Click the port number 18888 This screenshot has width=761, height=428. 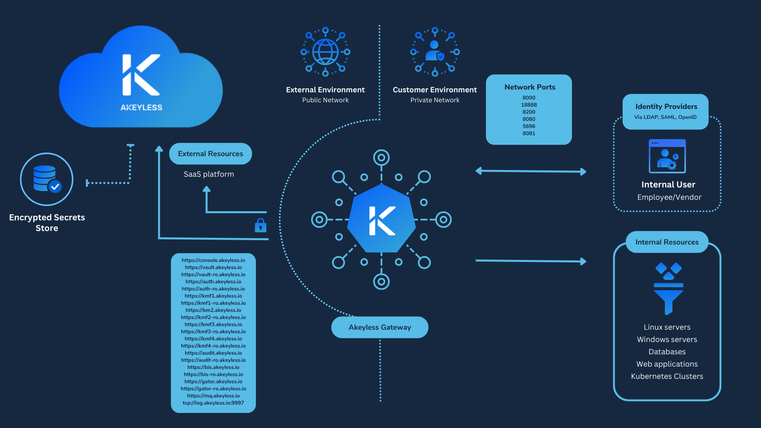click(x=529, y=105)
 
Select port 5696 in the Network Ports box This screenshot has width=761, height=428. click(x=529, y=126)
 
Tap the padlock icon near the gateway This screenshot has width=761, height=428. click(x=260, y=225)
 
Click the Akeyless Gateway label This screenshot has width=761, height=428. click(x=380, y=327)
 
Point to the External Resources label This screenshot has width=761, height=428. click(x=210, y=154)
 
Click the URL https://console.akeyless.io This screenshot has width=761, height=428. click(x=213, y=260)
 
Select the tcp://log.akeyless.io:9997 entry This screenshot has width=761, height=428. click(x=213, y=403)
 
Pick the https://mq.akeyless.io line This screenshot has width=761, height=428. click(x=213, y=396)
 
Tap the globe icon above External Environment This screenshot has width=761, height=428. click(x=325, y=52)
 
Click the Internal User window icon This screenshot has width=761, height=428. click(x=667, y=156)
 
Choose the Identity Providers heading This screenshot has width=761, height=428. click(x=666, y=107)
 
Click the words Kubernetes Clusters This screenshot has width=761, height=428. click(x=667, y=376)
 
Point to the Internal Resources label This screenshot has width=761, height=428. click(x=667, y=242)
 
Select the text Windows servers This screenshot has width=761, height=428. click(x=667, y=339)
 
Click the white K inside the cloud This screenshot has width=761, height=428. click(x=141, y=75)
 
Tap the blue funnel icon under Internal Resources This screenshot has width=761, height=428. click(x=669, y=289)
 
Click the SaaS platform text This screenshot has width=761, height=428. click(x=209, y=174)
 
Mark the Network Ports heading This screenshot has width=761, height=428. click(x=530, y=87)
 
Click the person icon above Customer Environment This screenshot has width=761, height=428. click(x=435, y=52)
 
